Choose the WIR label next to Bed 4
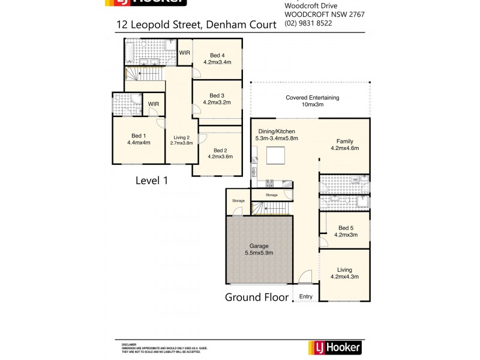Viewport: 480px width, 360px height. click(x=185, y=53)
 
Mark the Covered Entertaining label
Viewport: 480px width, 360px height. click(x=312, y=97)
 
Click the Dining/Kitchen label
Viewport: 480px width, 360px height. click(x=277, y=131)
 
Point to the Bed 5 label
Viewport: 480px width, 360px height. click(x=347, y=227)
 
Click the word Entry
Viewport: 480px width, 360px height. click(x=306, y=296)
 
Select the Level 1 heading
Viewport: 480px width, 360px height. click(x=151, y=179)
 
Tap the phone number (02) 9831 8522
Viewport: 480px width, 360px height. click(x=308, y=23)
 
